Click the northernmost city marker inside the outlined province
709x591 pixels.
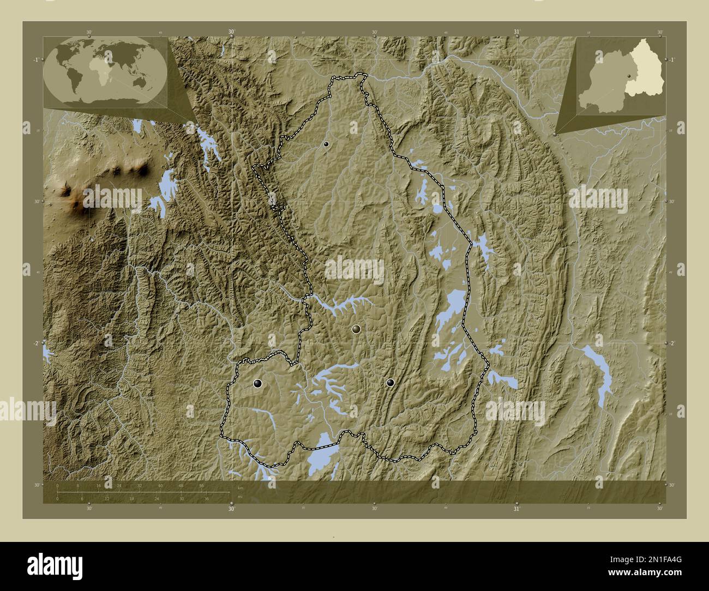coord(326,144)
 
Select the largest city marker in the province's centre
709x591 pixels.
coord(356,329)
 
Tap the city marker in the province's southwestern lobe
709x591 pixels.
coord(257,384)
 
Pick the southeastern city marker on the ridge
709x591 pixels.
coord(390,383)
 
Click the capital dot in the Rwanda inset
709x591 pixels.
coord(628,76)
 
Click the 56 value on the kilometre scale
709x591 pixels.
coord(201,485)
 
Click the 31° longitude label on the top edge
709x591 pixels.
coord(516,32)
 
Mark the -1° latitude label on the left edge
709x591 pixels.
coord(35,59)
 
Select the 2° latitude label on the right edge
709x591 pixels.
coord(672,343)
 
